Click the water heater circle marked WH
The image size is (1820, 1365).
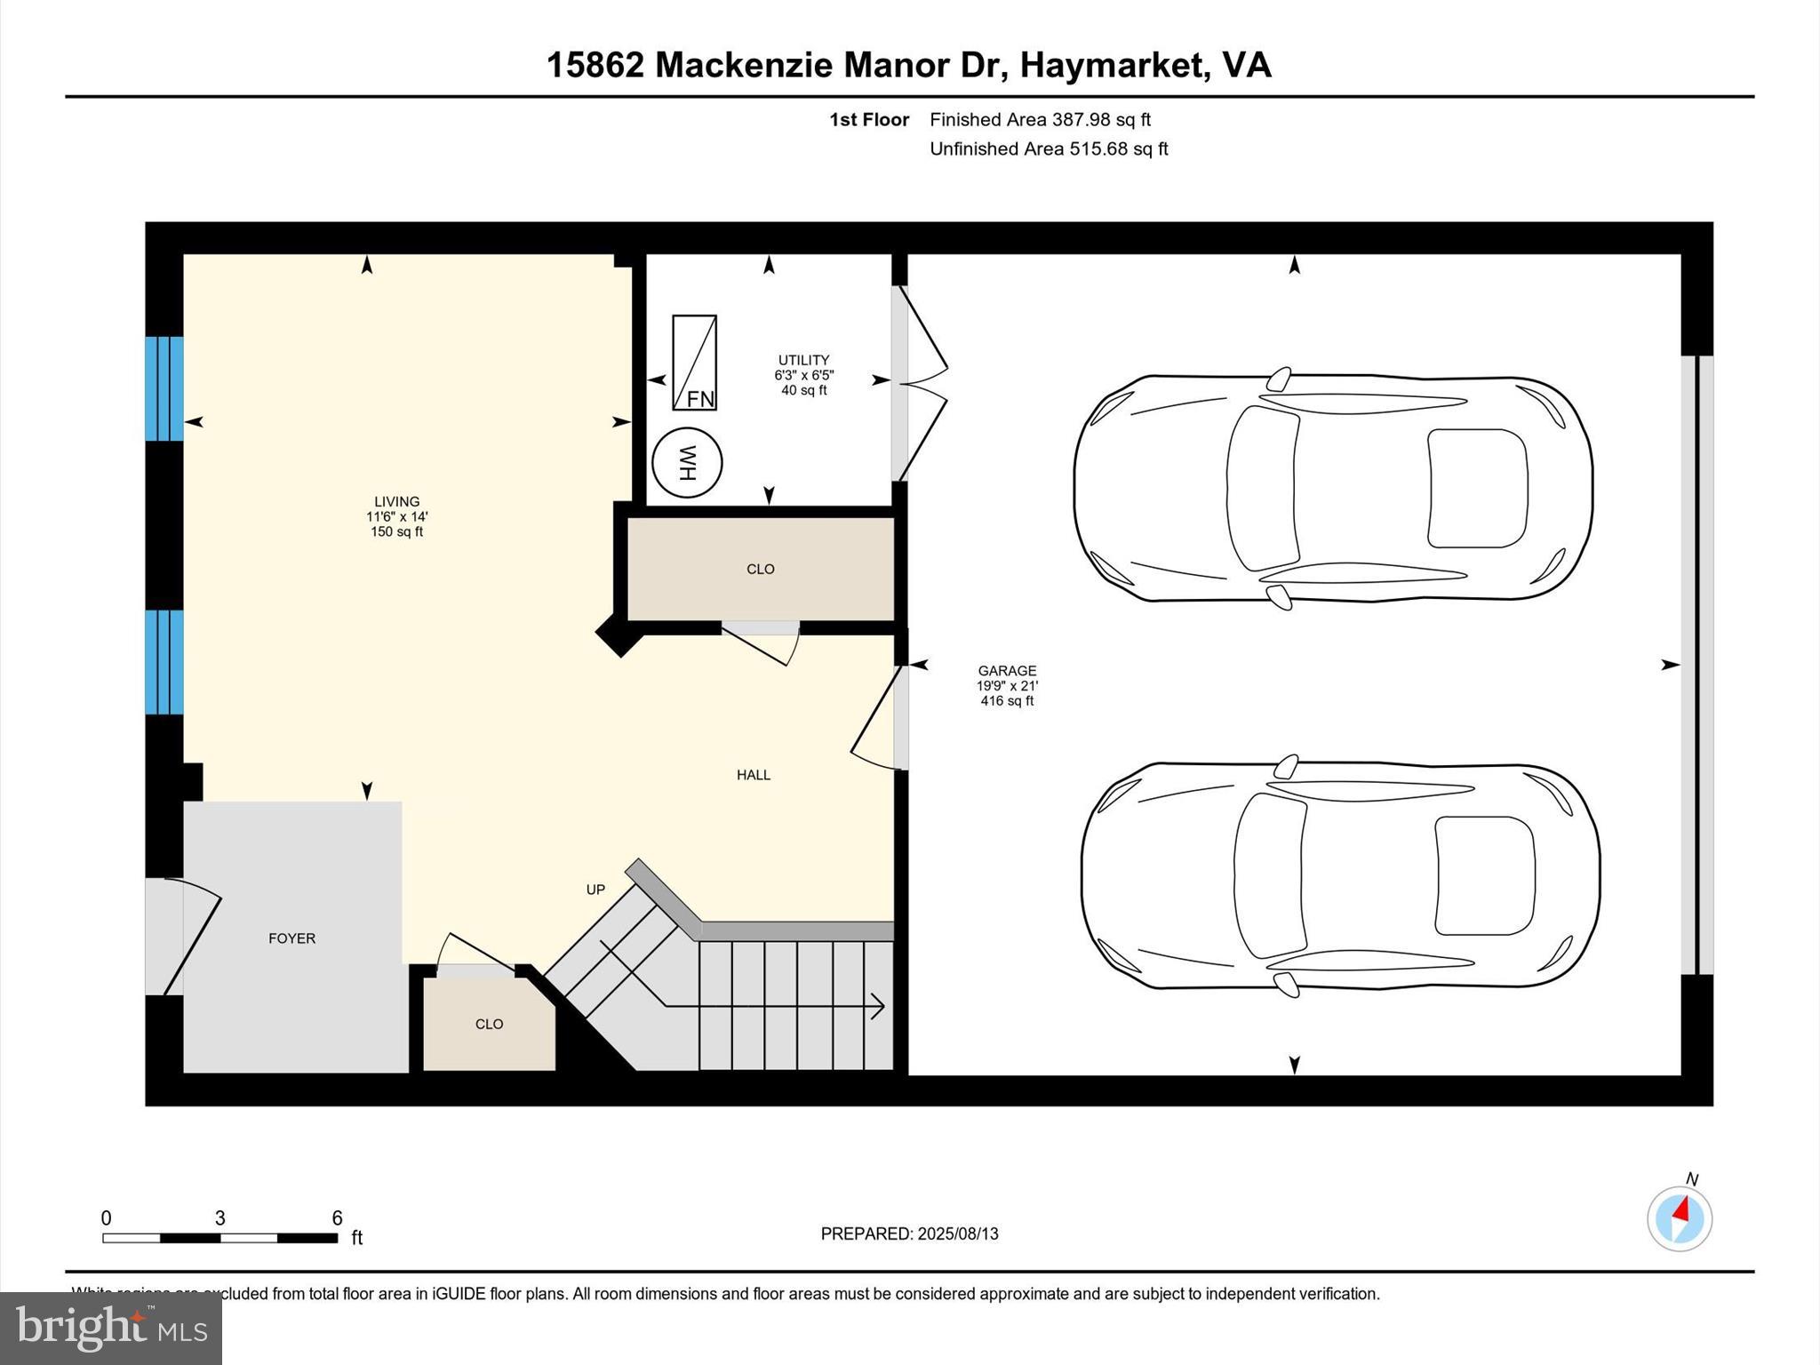(687, 463)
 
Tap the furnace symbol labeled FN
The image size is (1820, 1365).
(694, 363)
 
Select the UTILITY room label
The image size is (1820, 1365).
(803, 360)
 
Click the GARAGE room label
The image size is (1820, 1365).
(1007, 671)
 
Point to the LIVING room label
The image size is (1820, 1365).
(396, 501)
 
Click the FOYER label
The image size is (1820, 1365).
(291, 938)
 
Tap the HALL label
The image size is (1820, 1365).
(753, 775)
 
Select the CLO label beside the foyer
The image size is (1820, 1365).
(489, 1024)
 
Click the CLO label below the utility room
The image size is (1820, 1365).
(760, 569)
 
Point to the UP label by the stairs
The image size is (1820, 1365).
(595, 890)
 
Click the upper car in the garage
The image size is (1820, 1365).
(1333, 488)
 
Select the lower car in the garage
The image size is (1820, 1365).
(1340, 875)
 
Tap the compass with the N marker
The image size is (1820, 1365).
(1679, 1219)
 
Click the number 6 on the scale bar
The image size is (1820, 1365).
(337, 1218)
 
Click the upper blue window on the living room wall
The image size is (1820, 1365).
(164, 388)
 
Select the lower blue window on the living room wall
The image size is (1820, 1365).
(164, 662)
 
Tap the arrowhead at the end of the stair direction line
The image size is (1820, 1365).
(879, 1006)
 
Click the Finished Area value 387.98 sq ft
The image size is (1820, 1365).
(1101, 120)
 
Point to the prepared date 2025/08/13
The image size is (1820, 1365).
(958, 1233)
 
